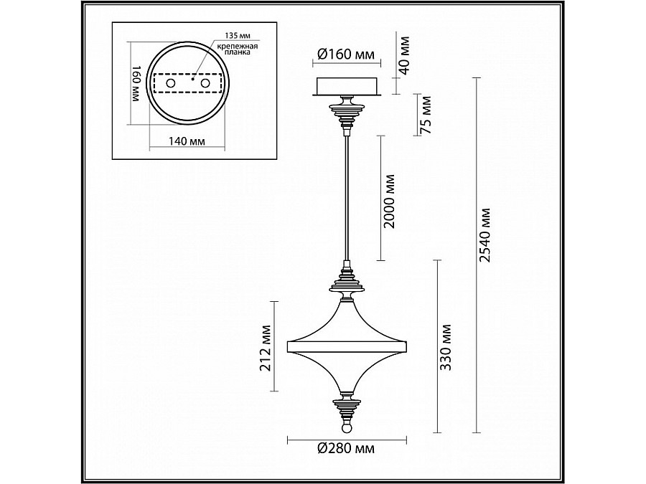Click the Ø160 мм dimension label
click(347, 54)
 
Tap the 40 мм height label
click(404, 55)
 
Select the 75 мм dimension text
click(426, 115)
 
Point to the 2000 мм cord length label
click(389, 201)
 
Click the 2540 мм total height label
click(486, 235)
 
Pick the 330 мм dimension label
click(446, 347)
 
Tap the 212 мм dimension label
click(266, 348)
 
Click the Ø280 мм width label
click(347, 448)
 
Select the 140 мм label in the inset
click(187, 141)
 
